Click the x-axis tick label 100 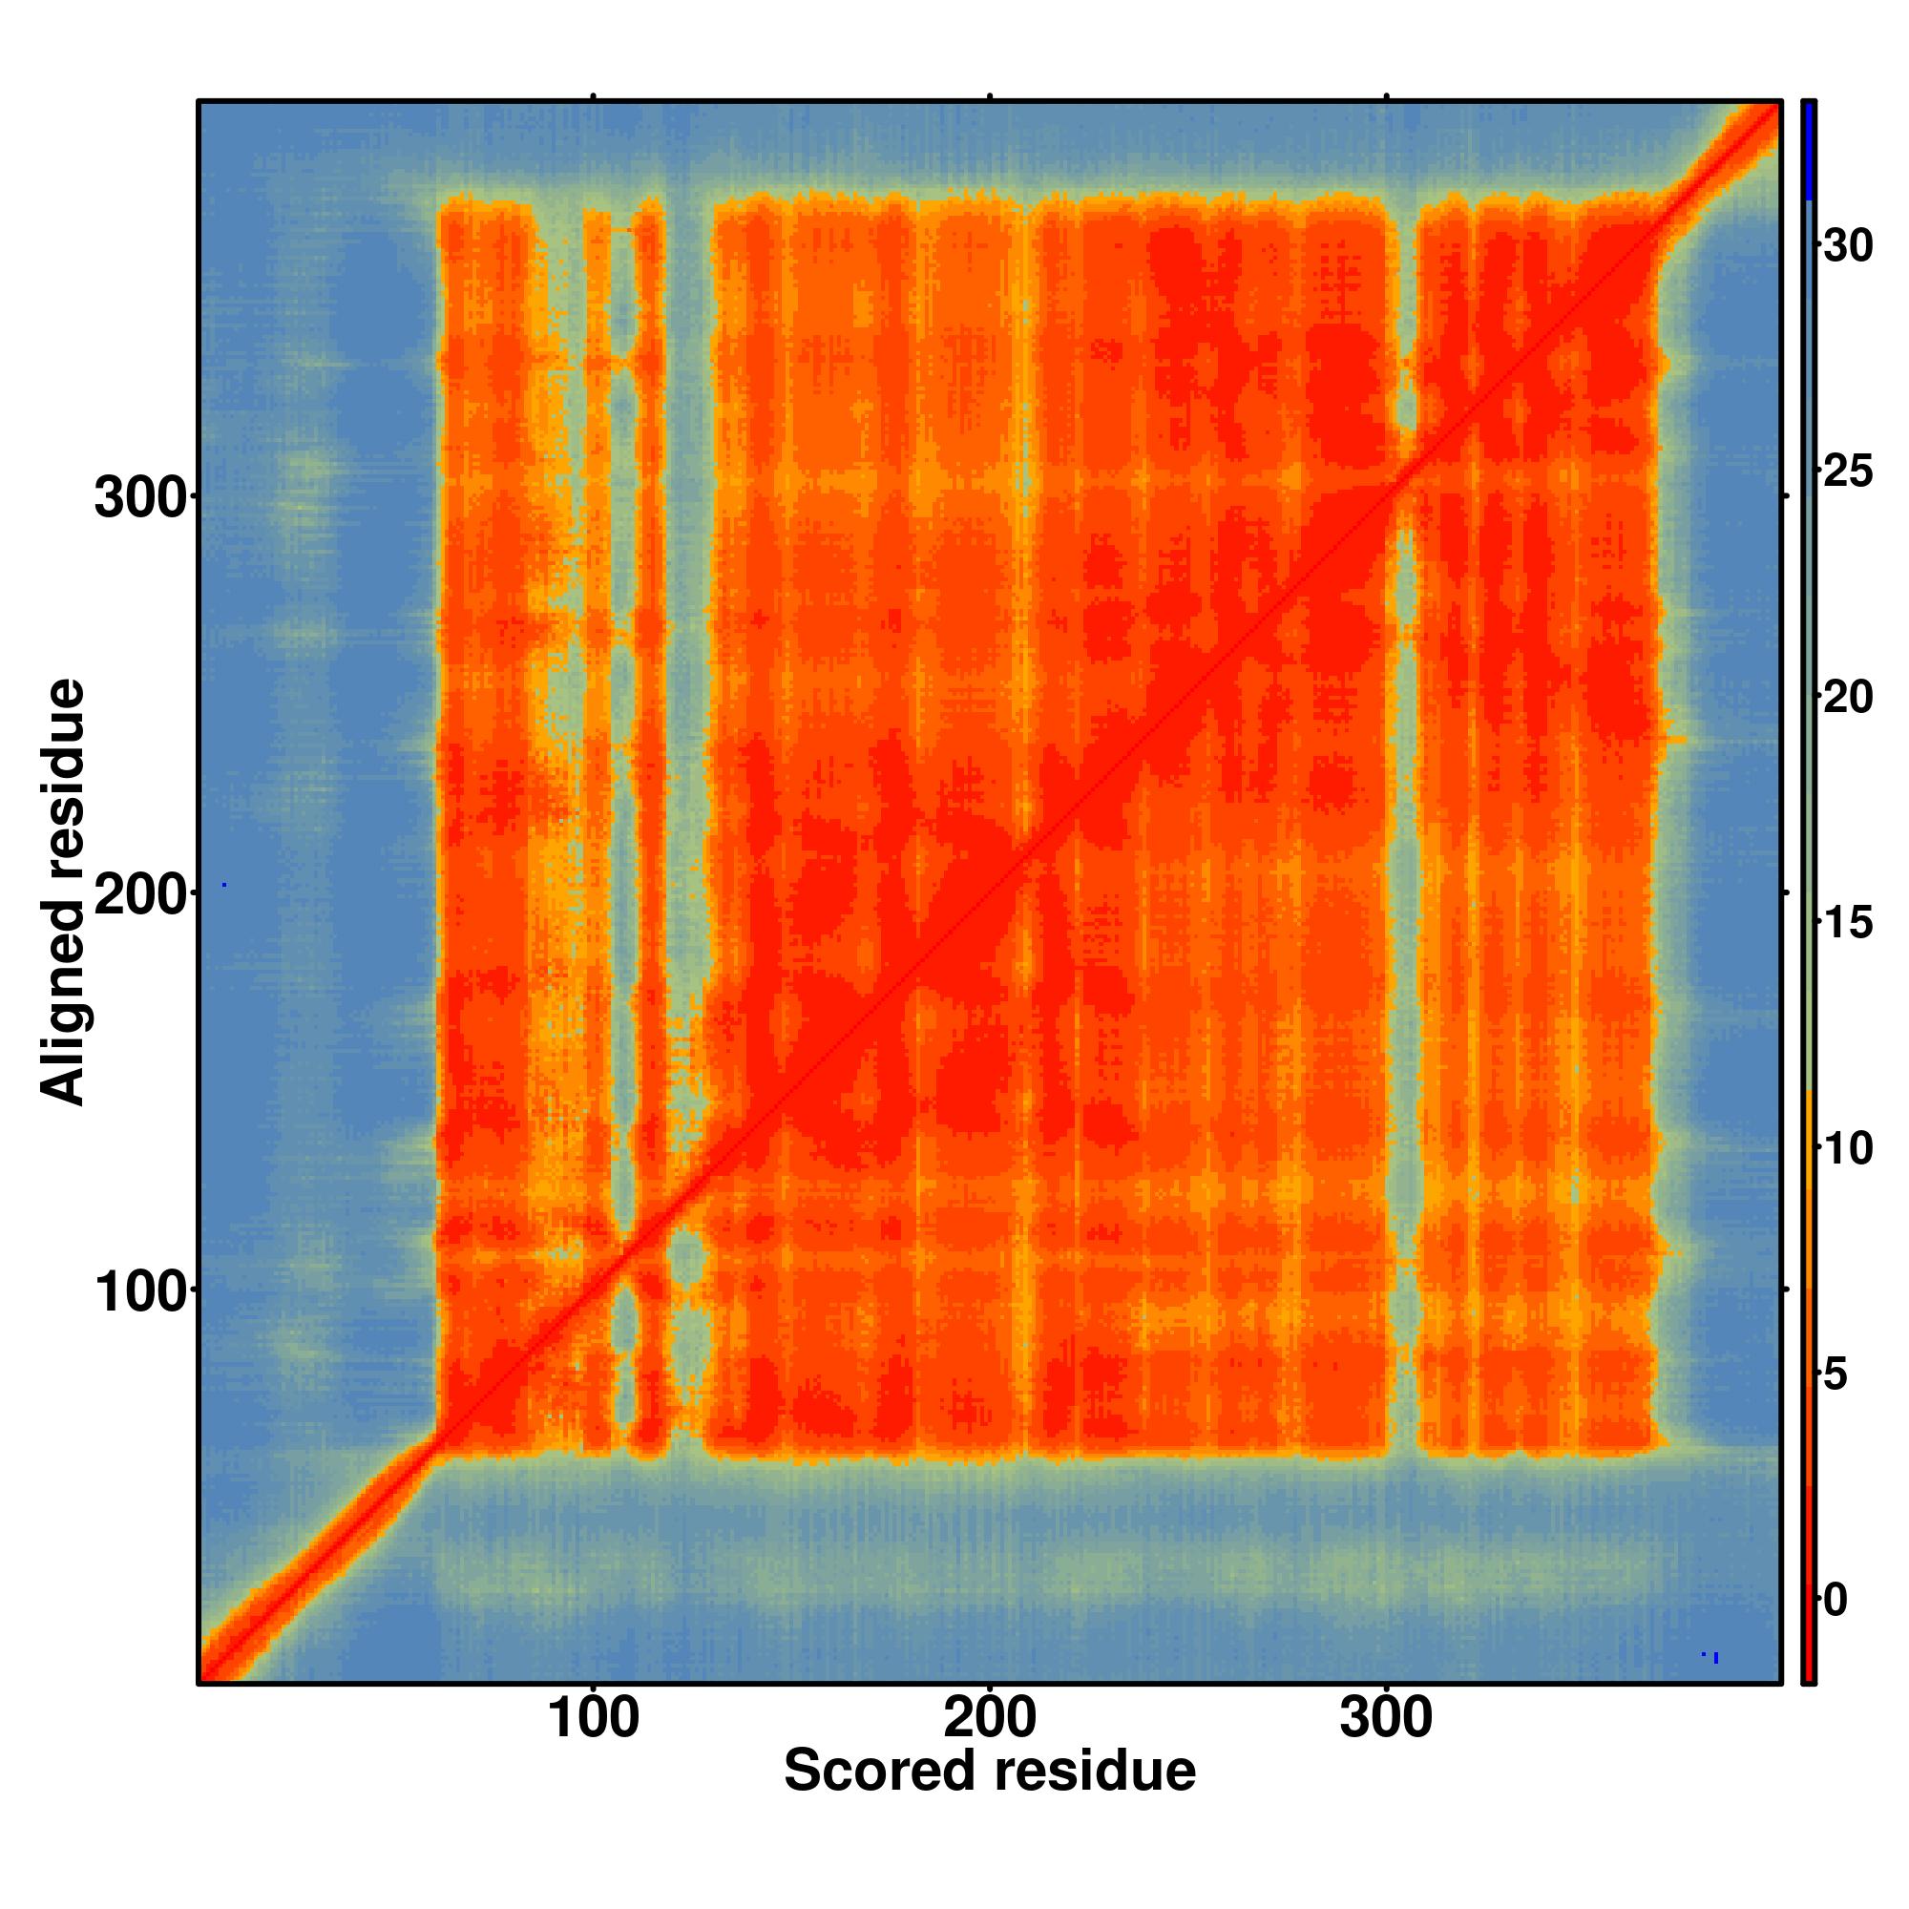tap(593, 1719)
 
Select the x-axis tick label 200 tap(989, 1719)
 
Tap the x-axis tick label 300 tap(1385, 1719)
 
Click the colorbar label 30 tap(1848, 247)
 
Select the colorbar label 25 tap(1848, 472)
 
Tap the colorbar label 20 tap(1848, 699)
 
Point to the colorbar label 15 tap(1848, 924)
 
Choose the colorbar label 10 tap(1848, 1149)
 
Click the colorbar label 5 tap(1836, 1375)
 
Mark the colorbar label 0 tap(1836, 1601)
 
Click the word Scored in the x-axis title tap(881, 1771)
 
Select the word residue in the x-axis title tap(1095, 1771)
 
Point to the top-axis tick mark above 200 tap(989, 95)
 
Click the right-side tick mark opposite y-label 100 tap(1786, 1290)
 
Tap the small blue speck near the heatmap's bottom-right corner tap(1715, 1657)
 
